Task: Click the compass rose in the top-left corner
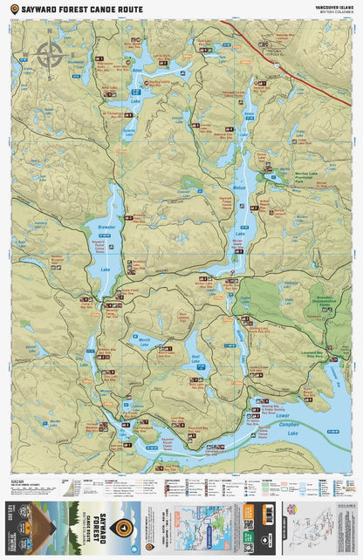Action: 50,54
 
